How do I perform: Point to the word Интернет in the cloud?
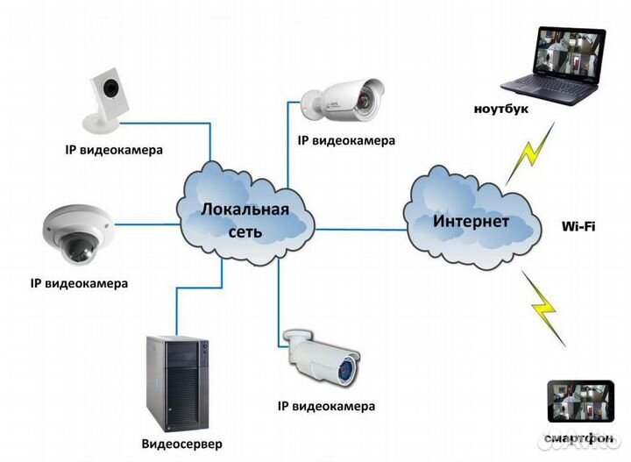pos(471,221)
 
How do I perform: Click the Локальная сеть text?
pos(245,219)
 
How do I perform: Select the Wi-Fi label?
pos(578,226)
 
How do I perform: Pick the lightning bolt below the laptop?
pos(536,152)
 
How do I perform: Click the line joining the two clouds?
pos(358,229)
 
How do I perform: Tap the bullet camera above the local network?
pos(345,98)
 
